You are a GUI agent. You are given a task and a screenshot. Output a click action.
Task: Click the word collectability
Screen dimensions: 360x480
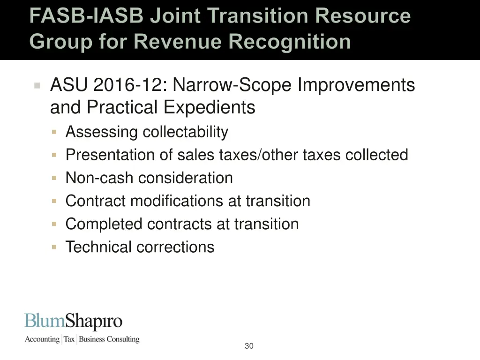[x=185, y=132]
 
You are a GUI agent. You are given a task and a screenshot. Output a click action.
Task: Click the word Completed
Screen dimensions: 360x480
[x=105, y=224]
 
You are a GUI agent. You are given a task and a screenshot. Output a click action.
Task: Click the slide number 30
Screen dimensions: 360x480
[x=249, y=346]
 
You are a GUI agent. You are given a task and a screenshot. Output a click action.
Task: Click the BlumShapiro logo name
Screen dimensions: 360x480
[x=73, y=322]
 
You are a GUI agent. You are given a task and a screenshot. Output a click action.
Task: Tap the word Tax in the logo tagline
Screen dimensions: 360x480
[x=69, y=339]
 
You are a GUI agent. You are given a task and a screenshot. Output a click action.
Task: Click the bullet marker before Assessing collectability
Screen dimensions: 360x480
[x=54, y=132]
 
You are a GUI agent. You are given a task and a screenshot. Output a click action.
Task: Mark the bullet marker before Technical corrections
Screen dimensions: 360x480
[x=54, y=247]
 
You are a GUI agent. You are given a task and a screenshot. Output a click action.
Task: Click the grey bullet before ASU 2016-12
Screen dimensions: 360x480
[x=37, y=86]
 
